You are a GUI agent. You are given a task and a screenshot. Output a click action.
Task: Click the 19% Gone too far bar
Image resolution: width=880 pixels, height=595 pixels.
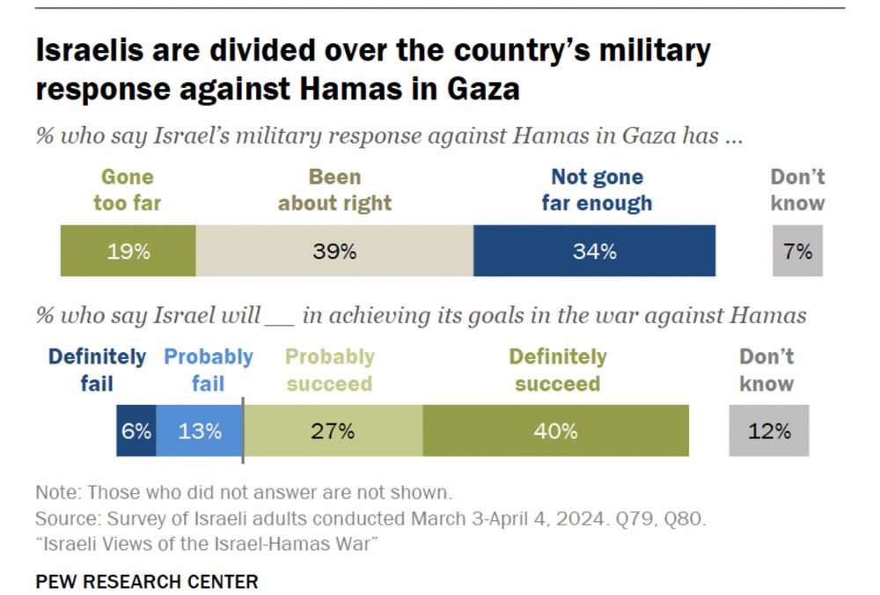(x=128, y=251)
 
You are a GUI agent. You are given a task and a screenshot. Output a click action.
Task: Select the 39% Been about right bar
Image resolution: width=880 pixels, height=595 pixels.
(x=334, y=251)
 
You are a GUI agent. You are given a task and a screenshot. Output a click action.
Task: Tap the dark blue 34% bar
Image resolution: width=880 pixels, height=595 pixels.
(x=594, y=251)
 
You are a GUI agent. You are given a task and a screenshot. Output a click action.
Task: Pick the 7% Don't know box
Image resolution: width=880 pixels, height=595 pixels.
(x=797, y=251)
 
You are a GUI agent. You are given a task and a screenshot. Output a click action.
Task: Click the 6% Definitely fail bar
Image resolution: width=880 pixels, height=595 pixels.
(x=136, y=431)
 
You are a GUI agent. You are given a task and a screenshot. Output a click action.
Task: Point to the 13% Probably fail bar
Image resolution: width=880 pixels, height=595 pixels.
(x=199, y=431)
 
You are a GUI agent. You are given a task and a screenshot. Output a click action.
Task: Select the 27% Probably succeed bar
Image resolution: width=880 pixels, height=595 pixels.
(x=333, y=431)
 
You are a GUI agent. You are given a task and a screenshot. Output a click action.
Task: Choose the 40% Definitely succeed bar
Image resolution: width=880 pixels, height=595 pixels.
(x=556, y=431)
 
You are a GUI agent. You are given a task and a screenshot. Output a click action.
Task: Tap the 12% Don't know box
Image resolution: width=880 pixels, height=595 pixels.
(x=769, y=431)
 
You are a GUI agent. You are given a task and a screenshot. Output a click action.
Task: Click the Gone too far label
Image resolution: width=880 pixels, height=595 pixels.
(x=128, y=190)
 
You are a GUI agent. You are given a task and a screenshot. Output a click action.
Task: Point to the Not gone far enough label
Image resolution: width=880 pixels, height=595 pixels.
(x=597, y=190)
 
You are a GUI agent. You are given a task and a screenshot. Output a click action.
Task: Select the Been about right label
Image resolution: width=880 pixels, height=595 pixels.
(x=334, y=190)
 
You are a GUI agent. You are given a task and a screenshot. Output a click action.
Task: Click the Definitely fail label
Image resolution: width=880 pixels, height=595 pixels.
(x=97, y=370)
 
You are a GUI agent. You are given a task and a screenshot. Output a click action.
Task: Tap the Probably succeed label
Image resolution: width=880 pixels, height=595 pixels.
(x=329, y=370)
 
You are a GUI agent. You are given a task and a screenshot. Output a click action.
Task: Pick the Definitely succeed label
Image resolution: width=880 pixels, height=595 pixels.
(x=558, y=370)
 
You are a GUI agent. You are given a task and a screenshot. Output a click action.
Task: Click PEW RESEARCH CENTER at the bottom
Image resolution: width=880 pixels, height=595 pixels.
(x=147, y=582)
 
